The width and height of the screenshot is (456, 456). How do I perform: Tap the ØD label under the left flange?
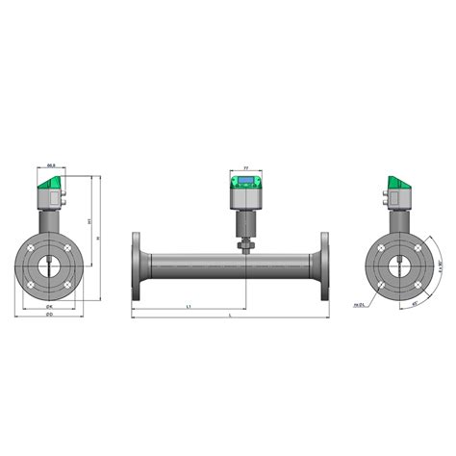[49, 314]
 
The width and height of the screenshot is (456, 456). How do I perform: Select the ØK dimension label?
[49, 305]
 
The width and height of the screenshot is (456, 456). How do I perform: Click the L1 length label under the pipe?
[190, 305]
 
